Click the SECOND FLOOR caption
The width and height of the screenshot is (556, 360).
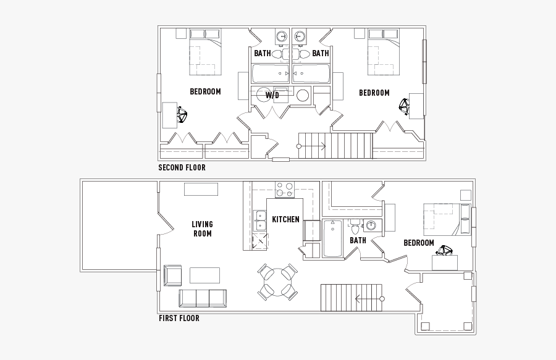coord(182,167)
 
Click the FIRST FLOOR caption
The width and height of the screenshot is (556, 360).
coord(179,319)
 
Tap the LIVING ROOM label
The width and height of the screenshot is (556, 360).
coord(202,228)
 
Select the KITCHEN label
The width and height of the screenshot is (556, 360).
coord(285,219)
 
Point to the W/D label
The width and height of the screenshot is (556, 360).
coord(272,95)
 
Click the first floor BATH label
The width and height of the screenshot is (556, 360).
coord(358,240)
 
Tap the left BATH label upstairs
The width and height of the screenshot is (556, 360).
coord(262,54)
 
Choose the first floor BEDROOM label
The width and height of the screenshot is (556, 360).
coord(418,243)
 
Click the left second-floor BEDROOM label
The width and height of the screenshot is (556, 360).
coord(205,92)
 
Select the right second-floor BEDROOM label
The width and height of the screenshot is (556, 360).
coord(374,93)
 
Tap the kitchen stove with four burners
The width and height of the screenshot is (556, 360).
coord(285,189)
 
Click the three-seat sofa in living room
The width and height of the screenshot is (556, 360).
coord(202,298)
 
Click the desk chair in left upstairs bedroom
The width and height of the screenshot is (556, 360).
coord(182,115)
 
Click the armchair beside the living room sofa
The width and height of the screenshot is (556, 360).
coord(172,275)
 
